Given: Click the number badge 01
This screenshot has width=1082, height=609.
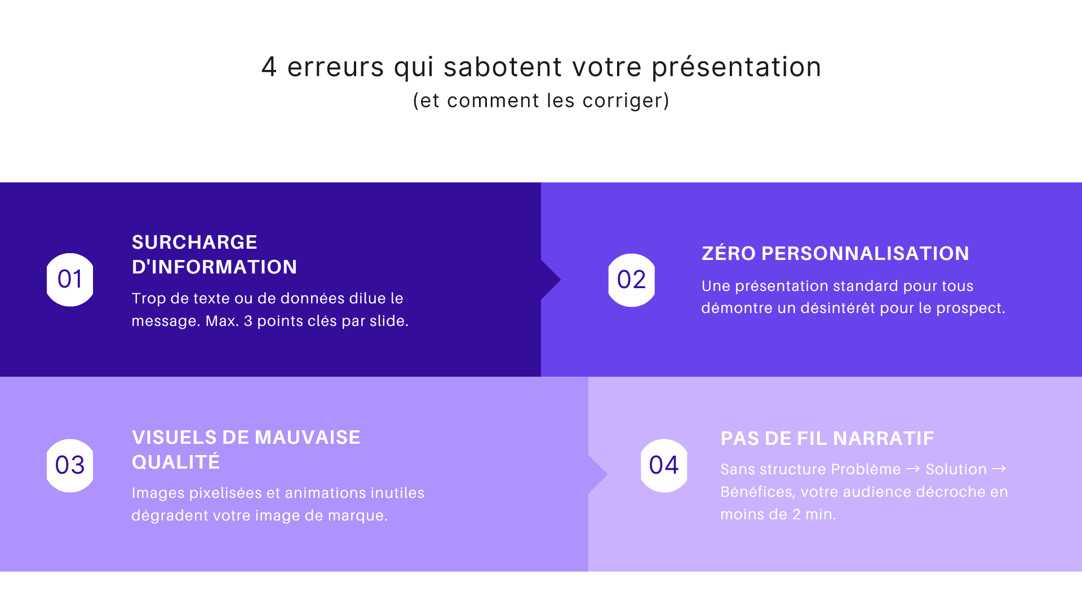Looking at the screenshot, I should pyautogui.click(x=70, y=280).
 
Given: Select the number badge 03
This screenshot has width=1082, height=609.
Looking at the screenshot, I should pyautogui.click(x=70, y=466).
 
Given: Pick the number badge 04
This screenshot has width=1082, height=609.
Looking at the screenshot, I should pyautogui.click(x=664, y=466).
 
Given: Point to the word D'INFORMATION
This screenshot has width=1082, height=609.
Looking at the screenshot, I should pyautogui.click(x=214, y=267).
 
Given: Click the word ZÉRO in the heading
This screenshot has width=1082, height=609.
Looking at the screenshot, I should pyautogui.click(x=729, y=254).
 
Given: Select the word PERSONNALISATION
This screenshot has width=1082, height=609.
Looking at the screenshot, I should pyautogui.click(x=865, y=254).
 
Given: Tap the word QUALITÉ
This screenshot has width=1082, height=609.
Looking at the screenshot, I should pyautogui.click(x=176, y=462).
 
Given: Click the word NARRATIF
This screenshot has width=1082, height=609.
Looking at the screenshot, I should pyautogui.click(x=883, y=439).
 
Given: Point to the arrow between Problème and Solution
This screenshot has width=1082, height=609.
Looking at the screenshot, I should pyautogui.click(x=914, y=469).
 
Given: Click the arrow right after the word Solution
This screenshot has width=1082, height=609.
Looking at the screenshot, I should pyautogui.click(x=999, y=469).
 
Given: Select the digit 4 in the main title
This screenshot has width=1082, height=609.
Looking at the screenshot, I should pyautogui.click(x=269, y=67).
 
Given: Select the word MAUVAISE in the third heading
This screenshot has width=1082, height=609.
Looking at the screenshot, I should pyautogui.click(x=307, y=438).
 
